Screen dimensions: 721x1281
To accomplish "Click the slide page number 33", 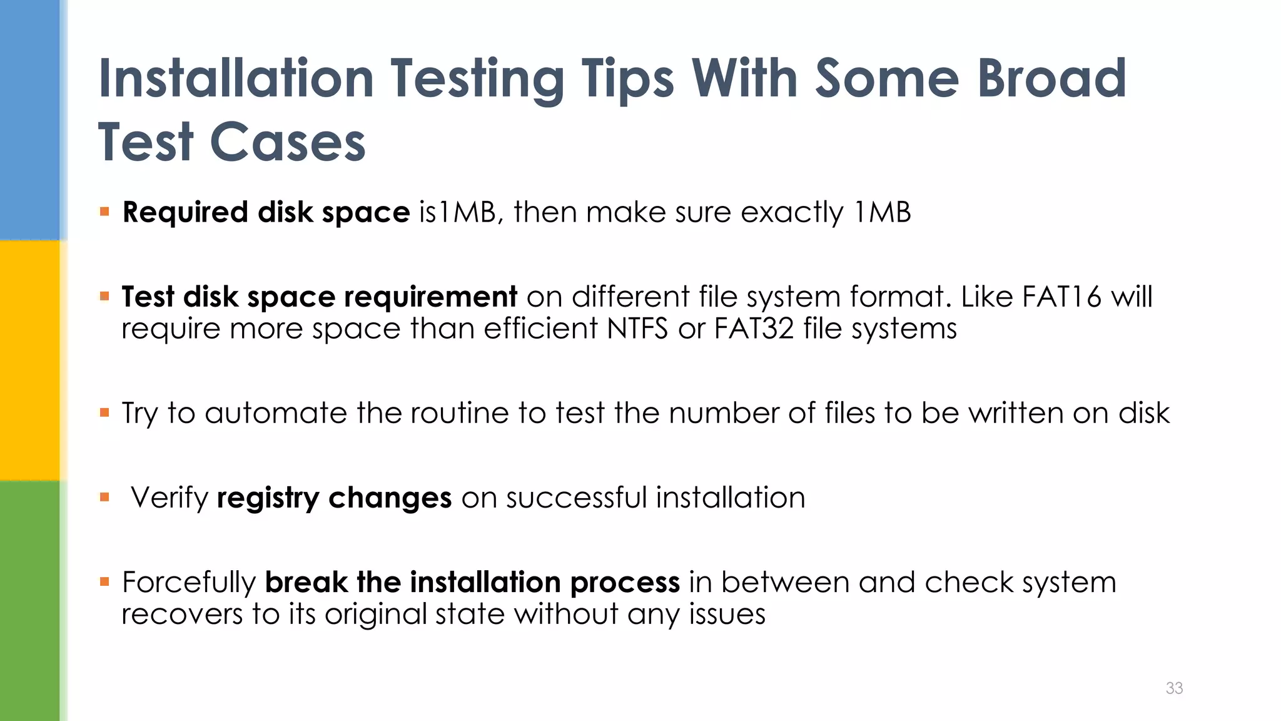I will coord(1174,688).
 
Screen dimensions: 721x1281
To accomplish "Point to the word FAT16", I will coord(1061,297).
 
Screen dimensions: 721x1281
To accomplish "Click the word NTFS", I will coord(637,329).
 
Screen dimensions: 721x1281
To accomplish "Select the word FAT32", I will coord(754,329).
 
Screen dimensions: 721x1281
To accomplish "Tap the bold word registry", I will coord(268,498).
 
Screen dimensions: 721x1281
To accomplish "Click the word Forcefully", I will coord(188,583).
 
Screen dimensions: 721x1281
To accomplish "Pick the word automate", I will coord(275,413).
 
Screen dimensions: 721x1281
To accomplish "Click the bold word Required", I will coord(185,213).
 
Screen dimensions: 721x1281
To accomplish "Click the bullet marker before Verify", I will coord(104,498).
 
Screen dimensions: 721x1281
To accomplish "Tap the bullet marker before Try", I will coord(104,413).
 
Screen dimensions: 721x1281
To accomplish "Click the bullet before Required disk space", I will coord(104,212).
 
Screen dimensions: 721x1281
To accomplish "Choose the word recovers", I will coord(182,615).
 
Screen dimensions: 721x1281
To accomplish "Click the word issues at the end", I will coord(727,615).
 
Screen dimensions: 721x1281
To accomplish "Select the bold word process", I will coord(624,583).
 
